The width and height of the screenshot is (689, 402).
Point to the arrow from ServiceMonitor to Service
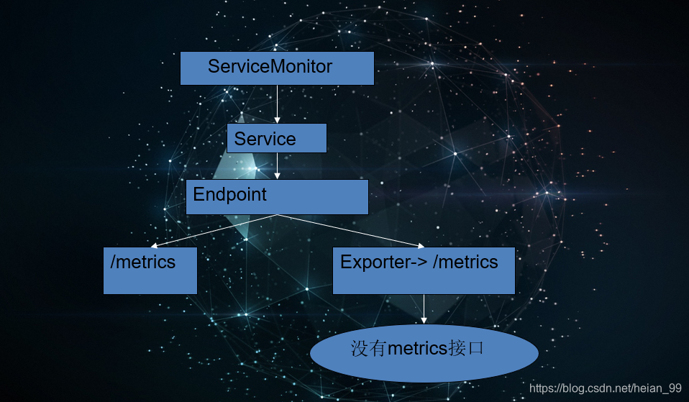(x=277, y=104)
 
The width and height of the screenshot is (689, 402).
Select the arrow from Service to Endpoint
(x=277, y=165)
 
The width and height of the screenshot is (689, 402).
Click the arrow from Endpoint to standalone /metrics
(x=214, y=230)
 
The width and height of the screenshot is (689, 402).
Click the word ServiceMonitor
(x=270, y=67)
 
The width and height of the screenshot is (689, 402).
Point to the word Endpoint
(x=229, y=194)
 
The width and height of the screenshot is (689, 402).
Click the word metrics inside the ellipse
(x=418, y=350)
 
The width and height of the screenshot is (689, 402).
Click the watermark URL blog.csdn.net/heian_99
(x=605, y=388)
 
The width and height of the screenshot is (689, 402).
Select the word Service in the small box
(x=265, y=139)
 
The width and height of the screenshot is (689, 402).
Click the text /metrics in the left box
(x=142, y=262)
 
